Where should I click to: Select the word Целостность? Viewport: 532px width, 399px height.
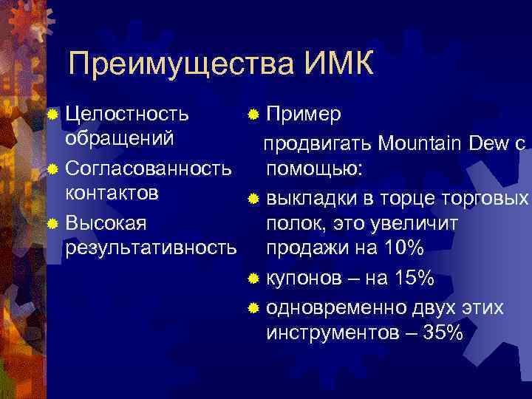coord(126,115)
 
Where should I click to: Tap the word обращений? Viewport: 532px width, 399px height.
coord(120,139)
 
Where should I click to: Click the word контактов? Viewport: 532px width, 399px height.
coord(112,194)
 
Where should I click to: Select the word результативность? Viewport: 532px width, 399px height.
coord(151,248)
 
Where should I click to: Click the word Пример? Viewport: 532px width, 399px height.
coord(303,115)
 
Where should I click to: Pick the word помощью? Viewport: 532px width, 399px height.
coord(314,169)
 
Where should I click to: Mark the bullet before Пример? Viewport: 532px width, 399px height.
coord(253,115)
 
